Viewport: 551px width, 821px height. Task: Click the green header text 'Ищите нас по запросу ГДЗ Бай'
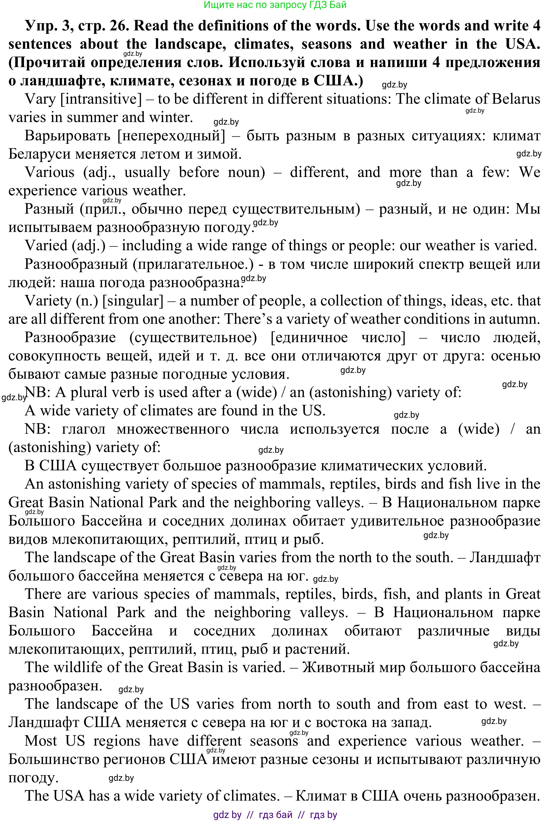point(275,5)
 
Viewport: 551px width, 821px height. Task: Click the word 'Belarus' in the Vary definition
point(515,99)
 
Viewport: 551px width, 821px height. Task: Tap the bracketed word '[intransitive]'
point(101,99)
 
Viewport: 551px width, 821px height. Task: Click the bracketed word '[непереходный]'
point(171,136)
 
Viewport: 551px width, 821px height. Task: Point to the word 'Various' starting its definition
point(49,172)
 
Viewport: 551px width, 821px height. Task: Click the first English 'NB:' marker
point(38,392)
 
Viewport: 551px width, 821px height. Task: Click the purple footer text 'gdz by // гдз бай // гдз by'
point(275,815)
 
